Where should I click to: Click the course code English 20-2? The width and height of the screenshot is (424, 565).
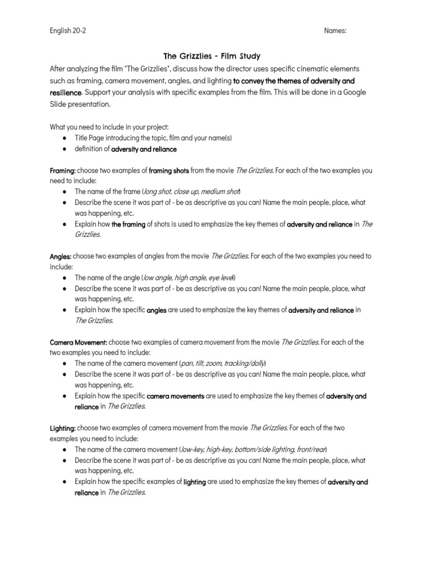68,31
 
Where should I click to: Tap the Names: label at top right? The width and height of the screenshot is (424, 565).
335,31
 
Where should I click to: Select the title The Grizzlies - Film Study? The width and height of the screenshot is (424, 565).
212,56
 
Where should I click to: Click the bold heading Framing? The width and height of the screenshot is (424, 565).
62,170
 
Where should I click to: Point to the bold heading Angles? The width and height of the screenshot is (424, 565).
60,256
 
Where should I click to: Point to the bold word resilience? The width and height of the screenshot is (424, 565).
66,92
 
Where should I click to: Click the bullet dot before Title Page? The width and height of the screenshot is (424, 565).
66,137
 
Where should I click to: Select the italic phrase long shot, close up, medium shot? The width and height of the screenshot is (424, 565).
191,191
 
